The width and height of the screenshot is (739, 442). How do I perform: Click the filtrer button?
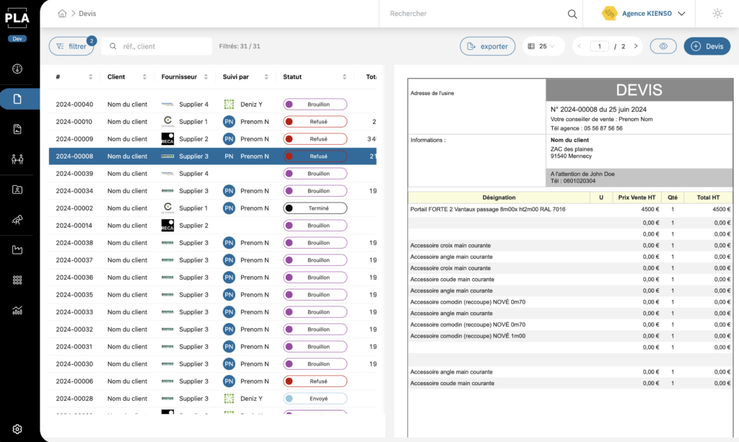coord(71,46)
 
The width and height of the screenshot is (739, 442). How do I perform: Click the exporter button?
coord(487,46)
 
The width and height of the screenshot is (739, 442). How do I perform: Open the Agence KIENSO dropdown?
coord(644,14)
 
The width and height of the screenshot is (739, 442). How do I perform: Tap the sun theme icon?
coord(717,14)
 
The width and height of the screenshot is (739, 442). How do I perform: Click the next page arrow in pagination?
coord(636,46)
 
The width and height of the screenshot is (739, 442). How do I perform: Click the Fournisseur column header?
coord(179,77)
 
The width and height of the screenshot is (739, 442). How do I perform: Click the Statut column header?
coord(292,77)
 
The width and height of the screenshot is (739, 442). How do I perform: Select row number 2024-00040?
coord(74,105)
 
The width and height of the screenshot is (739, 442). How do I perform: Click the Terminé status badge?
coord(315,208)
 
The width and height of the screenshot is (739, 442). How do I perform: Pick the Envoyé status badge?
coord(315,399)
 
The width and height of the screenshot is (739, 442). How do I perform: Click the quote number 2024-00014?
coord(74,226)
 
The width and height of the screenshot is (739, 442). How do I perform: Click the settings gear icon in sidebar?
coord(17,429)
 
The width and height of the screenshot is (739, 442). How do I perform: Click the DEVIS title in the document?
coord(639,90)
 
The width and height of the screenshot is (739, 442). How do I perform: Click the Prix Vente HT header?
coord(637,197)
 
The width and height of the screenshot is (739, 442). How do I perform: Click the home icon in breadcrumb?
coord(62,14)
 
